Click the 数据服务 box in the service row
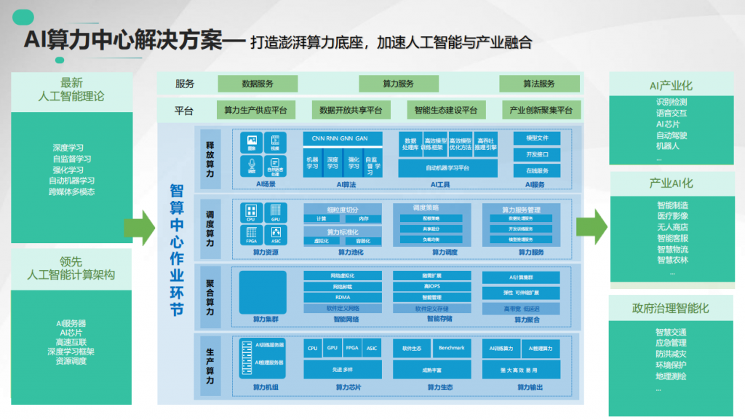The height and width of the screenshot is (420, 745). coord(258,84)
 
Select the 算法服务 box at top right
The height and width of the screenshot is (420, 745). coord(539,84)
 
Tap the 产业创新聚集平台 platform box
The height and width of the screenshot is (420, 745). coord(541,111)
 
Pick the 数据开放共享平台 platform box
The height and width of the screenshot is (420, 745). coord(351,111)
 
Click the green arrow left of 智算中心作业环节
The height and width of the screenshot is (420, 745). coord(140,228)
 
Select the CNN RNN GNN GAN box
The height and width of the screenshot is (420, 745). coord(340,138)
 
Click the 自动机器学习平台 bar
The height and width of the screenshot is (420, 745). coord(447,169)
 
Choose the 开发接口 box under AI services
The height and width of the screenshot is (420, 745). coord(537,154)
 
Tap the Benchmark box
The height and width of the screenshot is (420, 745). coord(451,348)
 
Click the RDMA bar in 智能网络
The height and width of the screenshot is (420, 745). coord(343,297)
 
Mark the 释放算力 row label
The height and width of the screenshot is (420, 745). coord(210,159)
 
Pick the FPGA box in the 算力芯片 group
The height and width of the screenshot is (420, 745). coord(352,348)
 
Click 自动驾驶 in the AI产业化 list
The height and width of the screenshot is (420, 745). coord(671,135)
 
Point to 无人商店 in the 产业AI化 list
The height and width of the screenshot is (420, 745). coord(671,227)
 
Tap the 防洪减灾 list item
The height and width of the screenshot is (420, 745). coord(671,354)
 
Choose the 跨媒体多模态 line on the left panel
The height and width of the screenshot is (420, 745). coord(72,192)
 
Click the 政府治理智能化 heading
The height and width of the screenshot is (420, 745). coord(671,309)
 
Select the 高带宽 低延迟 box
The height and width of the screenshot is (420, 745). coord(521,309)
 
